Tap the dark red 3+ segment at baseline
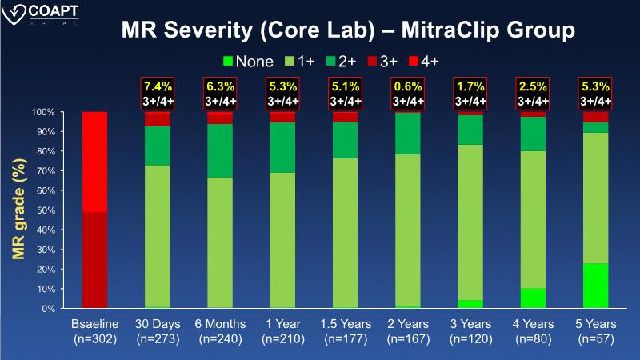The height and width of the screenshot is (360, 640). pyautogui.click(x=94, y=260)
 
